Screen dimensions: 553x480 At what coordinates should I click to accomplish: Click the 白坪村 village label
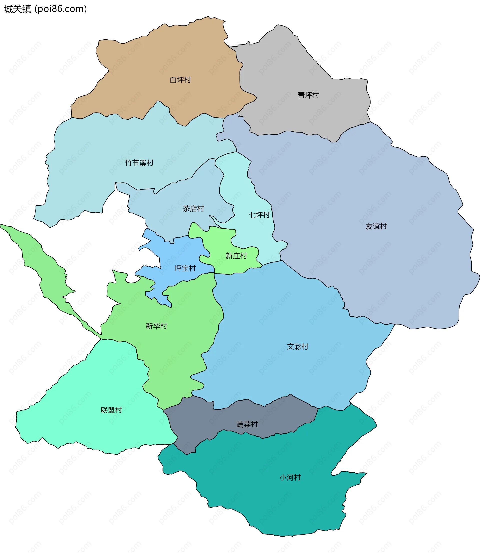180,80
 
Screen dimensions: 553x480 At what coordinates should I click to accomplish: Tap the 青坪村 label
308,95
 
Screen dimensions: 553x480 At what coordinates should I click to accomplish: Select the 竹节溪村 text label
139,163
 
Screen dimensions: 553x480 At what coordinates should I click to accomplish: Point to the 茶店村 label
193,208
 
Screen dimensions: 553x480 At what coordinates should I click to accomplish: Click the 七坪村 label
259,215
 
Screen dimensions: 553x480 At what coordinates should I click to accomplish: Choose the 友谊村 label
376,226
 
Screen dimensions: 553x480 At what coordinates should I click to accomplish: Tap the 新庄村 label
236,256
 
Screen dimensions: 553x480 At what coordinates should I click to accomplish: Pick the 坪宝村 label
185,268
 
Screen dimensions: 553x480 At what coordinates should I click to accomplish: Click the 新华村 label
156,326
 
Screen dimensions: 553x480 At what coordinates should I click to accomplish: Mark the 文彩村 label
297,347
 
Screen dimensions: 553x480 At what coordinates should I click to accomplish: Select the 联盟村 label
111,410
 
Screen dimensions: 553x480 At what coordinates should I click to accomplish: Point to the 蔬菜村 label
247,424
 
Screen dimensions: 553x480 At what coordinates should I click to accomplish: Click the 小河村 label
290,477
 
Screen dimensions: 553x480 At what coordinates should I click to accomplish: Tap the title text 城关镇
18,9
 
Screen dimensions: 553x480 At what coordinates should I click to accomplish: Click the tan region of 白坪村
161,59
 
